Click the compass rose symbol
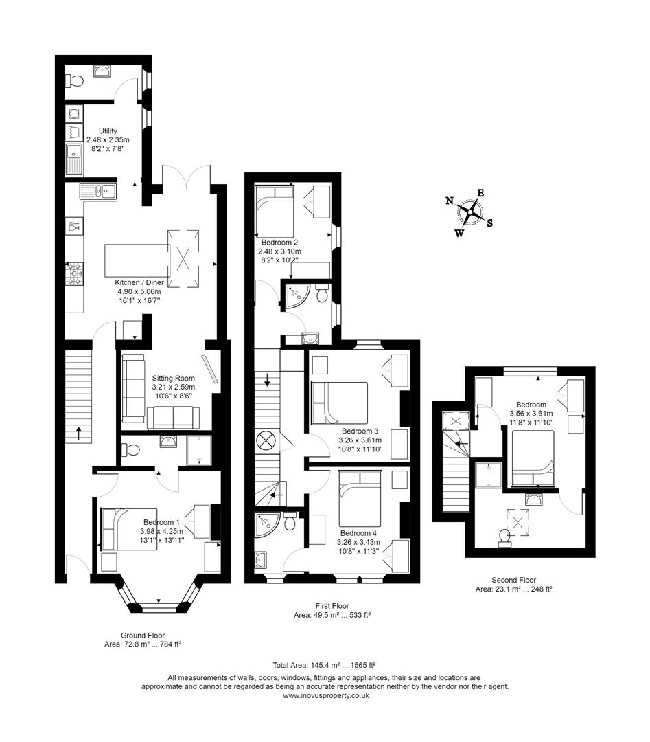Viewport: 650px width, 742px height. [469, 212]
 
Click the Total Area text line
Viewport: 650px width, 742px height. [324, 665]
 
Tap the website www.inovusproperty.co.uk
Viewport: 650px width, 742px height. [326, 695]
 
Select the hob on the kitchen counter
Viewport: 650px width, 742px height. [74, 274]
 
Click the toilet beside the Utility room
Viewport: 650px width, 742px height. [75, 82]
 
